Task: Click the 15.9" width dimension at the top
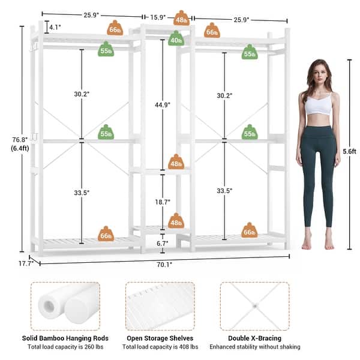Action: coord(159,17)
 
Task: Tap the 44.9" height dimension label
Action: coord(162,104)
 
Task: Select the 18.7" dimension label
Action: coord(162,203)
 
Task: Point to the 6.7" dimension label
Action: coord(162,243)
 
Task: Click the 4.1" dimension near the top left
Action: coord(55,28)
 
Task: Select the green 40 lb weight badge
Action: coord(176,40)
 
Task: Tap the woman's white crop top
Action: coord(318,106)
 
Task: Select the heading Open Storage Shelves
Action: coord(159,338)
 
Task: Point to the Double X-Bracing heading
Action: coord(254,338)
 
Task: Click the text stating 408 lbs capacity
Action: coord(159,347)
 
